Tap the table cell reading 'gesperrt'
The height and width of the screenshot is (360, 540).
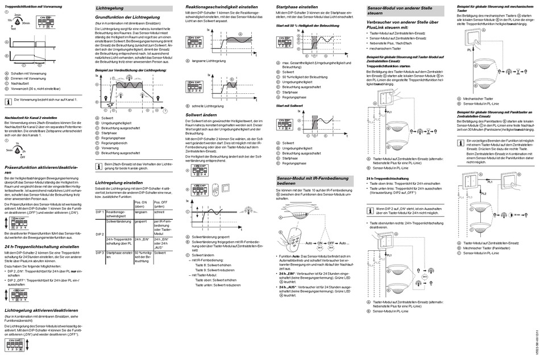[142, 221]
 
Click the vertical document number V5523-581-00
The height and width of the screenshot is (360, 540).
[535, 339]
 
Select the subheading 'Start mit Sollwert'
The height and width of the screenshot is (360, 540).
[289, 106]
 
